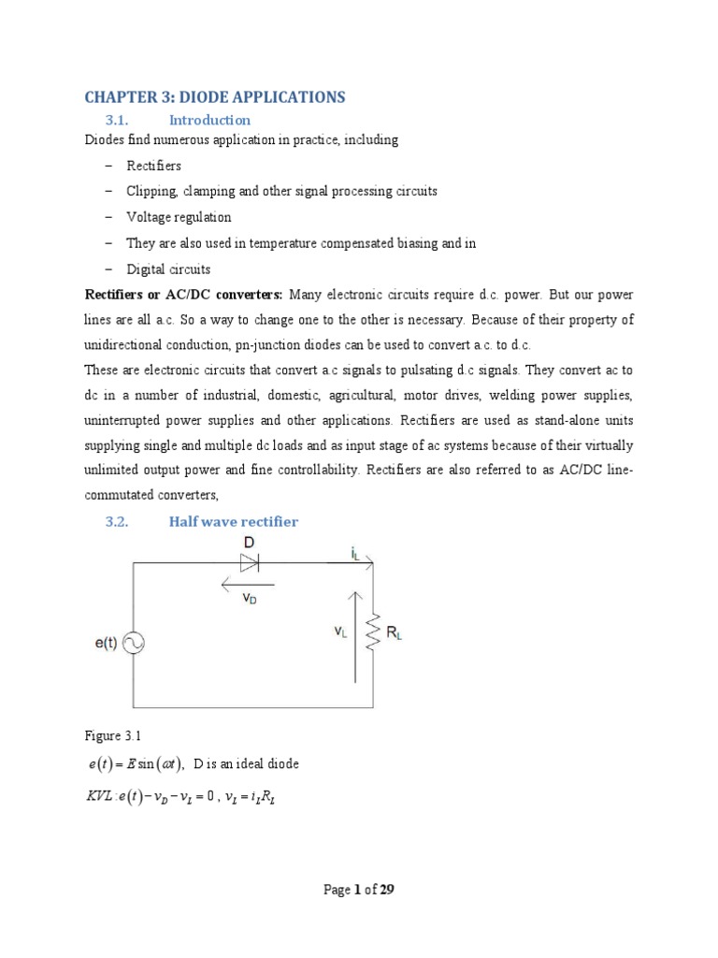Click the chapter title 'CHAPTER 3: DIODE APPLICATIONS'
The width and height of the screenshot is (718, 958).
pos(215,97)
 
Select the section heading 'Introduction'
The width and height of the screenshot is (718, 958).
pos(209,120)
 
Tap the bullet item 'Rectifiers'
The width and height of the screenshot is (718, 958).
pos(154,166)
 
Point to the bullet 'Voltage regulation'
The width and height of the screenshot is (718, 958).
pos(179,217)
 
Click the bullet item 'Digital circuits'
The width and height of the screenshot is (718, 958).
pos(168,269)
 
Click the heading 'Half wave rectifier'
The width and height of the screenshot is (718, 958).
pos(233,521)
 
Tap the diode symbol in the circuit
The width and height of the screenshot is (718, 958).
pos(250,562)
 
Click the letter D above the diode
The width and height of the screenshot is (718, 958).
pos(250,543)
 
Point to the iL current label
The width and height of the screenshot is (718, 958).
pos(356,553)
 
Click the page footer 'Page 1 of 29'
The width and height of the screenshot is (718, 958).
pos(359,890)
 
